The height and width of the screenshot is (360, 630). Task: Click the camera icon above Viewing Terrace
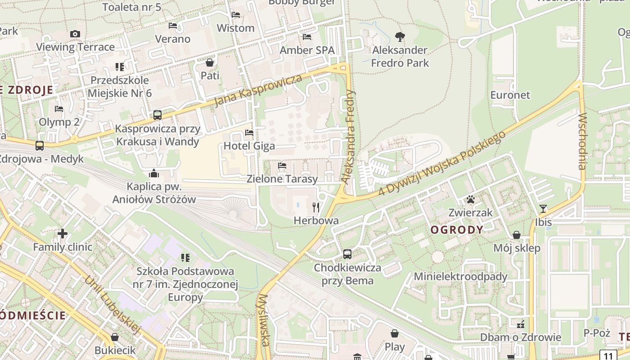75,34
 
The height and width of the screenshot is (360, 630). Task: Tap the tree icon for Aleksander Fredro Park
400,36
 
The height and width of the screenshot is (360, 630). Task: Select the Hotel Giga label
249,146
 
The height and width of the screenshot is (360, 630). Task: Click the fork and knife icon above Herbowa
316,207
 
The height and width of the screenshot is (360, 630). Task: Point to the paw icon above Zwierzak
471,199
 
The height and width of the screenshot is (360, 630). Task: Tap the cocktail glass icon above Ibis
543,208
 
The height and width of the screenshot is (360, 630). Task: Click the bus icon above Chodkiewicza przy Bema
347,254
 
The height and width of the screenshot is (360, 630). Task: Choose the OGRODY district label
457,230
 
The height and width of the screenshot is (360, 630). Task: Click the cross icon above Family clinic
63,234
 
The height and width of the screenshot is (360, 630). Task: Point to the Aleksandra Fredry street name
348,137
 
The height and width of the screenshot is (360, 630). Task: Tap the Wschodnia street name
583,142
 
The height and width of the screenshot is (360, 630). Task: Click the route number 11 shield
608,355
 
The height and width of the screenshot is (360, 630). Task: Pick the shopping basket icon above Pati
210,62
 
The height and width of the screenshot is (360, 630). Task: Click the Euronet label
510,95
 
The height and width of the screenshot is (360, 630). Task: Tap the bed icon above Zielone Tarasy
282,166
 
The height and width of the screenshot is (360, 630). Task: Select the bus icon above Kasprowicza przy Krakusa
157,115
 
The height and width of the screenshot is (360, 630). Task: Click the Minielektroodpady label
460,276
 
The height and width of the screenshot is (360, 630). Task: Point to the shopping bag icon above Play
395,333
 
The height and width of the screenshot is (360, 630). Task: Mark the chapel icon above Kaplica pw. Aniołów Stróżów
154,173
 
